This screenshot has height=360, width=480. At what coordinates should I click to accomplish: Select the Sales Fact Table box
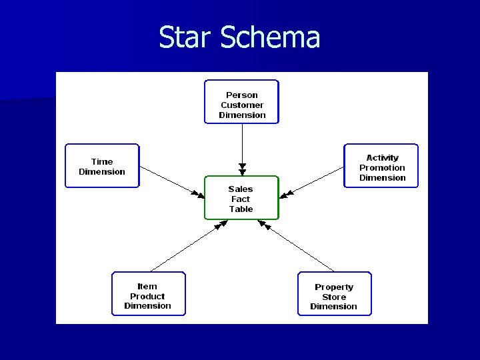pyautogui.click(x=241, y=198)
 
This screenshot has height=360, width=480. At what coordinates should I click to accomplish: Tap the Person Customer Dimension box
pyautogui.click(x=241, y=102)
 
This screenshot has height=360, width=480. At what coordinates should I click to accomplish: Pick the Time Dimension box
pyautogui.click(x=102, y=166)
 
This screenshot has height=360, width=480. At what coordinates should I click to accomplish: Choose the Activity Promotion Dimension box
pyautogui.click(x=381, y=166)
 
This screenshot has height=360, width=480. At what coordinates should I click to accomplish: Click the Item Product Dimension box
pyautogui.click(x=148, y=294)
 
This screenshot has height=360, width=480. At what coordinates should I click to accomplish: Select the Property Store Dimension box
pyautogui.click(x=334, y=294)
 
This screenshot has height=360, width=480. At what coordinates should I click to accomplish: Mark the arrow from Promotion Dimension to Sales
pyautogui.click(x=312, y=181)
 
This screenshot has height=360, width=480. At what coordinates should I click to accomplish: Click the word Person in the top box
pyautogui.click(x=242, y=95)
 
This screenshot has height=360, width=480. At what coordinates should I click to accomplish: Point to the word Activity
pyautogui.click(x=382, y=158)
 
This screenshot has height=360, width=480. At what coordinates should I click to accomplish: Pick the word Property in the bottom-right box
pyautogui.click(x=334, y=287)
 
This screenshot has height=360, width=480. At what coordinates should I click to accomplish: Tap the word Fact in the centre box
pyautogui.click(x=241, y=199)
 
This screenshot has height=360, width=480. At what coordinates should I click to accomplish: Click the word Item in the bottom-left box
pyautogui.click(x=147, y=287)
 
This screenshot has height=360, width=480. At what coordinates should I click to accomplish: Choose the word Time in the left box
pyautogui.click(x=102, y=161)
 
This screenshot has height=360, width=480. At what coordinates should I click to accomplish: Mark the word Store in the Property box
pyautogui.click(x=334, y=297)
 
